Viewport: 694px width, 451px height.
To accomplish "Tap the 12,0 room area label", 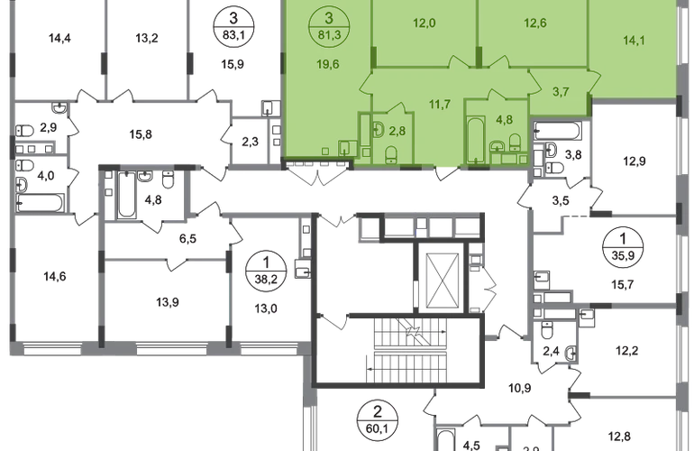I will (425, 24).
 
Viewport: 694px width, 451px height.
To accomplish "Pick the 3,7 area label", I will (560, 91).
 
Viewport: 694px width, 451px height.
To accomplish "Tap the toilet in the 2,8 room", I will (390, 153).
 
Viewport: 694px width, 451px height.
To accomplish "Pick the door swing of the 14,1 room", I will (532, 70).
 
